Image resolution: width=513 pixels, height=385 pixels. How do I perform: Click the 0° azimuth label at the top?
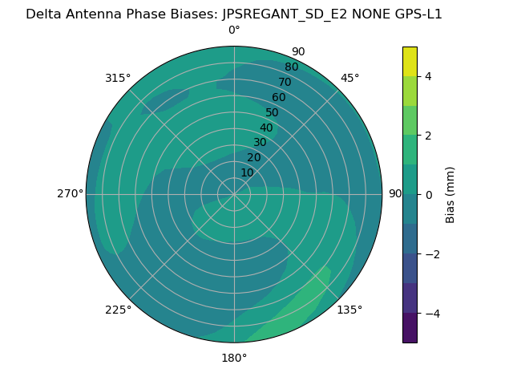[x=234, y=30]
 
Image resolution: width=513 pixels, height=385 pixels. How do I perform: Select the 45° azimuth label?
[x=349, y=78]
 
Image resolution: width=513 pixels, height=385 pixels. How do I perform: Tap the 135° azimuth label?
[x=349, y=310]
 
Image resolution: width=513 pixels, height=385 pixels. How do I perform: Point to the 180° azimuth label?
[x=234, y=358]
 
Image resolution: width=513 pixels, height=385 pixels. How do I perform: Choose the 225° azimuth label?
[x=118, y=310]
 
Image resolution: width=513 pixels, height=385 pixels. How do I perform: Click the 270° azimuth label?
[x=70, y=194]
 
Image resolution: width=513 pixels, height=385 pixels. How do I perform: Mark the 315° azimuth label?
[x=118, y=78]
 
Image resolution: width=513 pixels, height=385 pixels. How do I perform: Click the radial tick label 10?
[x=247, y=172]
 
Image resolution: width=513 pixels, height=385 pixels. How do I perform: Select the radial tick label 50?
[x=273, y=112]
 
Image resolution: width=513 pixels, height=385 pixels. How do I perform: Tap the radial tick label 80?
[x=292, y=67]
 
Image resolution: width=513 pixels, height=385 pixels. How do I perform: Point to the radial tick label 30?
[x=260, y=142]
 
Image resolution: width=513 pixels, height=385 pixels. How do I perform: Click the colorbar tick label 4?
[x=428, y=76]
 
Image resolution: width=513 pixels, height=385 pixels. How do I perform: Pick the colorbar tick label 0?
[x=428, y=195]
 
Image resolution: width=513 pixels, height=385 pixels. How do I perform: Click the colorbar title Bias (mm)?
[x=450, y=195]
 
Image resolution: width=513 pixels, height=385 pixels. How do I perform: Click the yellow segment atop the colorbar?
[x=410, y=61]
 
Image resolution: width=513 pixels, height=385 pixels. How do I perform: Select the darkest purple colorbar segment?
[x=410, y=328]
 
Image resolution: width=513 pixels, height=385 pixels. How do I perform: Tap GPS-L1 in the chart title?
[x=414, y=14]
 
